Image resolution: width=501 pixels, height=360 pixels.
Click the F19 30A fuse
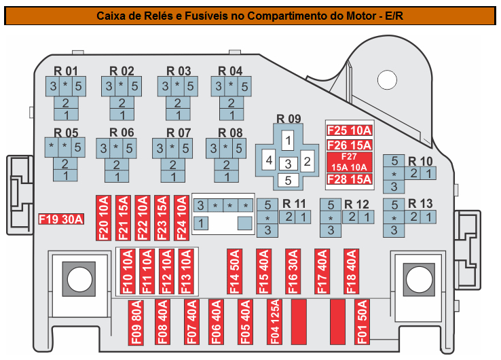[61, 219]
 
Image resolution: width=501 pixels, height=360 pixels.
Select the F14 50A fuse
[234, 272]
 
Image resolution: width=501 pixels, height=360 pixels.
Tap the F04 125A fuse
[274, 322]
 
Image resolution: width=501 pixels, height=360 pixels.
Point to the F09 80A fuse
[136, 323]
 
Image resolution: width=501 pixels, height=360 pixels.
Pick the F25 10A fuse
[350, 130]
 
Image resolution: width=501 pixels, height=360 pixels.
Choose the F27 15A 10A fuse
[350, 162]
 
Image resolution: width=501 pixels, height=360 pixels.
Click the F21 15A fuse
[123, 218]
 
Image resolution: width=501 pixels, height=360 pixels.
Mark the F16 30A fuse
[293, 272]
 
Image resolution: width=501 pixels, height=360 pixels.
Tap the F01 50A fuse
[362, 322]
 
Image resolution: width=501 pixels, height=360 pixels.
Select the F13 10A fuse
[185, 272]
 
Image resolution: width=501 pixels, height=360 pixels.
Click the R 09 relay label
[289, 119]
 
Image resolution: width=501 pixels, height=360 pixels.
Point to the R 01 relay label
[65, 71]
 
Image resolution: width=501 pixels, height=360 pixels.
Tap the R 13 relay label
[420, 203]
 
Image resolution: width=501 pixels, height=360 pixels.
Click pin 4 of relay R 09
[269, 160]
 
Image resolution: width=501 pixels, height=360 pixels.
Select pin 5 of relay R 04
[244, 86]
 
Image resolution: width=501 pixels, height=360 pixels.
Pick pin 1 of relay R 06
[117, 177]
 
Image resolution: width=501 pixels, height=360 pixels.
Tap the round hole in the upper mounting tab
[387, 80]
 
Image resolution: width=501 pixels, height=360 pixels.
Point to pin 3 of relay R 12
[331, 230]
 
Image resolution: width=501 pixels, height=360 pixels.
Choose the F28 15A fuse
[350, 179]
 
